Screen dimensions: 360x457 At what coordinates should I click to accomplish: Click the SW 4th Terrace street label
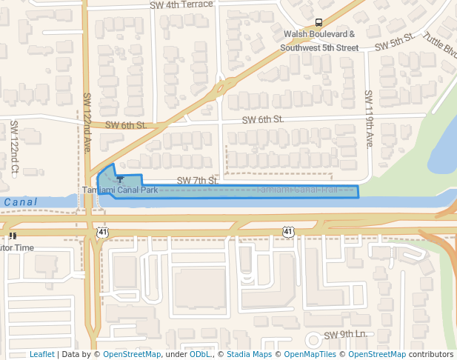point(181,4)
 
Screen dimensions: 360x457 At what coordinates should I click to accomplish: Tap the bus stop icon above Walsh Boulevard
point(319,22)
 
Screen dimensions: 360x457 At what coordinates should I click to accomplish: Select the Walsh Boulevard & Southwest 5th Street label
point(319,41)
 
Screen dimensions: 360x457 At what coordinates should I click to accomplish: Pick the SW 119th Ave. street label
point(368,119)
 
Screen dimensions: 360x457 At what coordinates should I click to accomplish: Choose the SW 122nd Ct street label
point(14,148)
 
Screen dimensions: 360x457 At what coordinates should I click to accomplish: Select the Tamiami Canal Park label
point(120,190)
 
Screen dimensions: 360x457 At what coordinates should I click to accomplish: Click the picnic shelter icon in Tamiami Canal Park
point(120,180)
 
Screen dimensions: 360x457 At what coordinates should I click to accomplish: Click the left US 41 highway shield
point(101,232)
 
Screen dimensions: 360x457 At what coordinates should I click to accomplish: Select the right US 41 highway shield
point(287,232)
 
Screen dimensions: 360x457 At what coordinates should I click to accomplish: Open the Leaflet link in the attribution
point(41,354)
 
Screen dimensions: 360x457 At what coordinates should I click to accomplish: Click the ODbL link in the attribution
point(200,354)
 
